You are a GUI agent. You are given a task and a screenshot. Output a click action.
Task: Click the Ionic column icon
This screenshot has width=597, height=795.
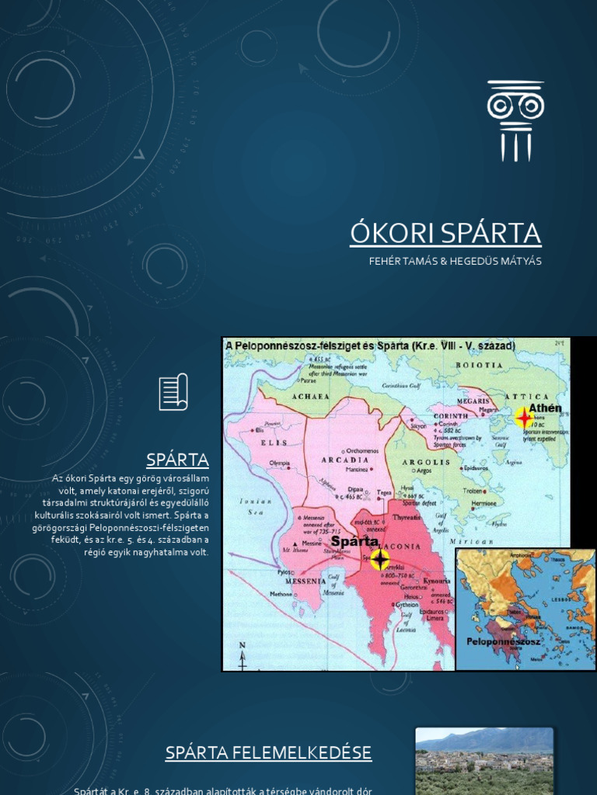(x=515, y=121)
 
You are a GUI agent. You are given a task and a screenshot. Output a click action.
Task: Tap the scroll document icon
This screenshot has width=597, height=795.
(x=173, y=391)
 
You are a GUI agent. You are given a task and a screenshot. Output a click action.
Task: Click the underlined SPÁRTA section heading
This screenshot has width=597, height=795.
(x=178, y=460)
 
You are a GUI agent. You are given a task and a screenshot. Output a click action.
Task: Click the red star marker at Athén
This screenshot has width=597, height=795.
(x=525, y=418)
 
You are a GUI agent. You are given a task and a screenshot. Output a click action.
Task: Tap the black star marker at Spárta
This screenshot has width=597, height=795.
(x=379, y=559)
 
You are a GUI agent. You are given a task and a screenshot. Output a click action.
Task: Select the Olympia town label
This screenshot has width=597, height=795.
(x=278, y=463)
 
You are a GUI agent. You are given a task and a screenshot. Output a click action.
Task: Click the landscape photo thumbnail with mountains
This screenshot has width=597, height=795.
(x=484, y=761)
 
